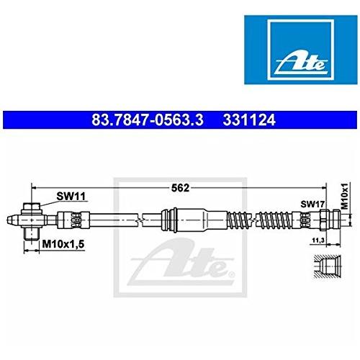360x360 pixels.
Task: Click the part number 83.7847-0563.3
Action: pyautogui.click(x=148, y=120)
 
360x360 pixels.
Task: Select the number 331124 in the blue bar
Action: pyautogui.click(x=249, y=120)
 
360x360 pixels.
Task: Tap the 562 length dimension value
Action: pyautogui.click(x=180, y=188)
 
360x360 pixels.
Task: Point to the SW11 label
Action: pyautogui.click(x=71, y=197)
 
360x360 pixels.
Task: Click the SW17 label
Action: pyautogui.click(x=312, y=204)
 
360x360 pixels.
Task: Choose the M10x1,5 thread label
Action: pyautogui.click(x=63, y=244)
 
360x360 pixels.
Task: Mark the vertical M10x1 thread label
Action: pyautogui.click(x=345, y=196)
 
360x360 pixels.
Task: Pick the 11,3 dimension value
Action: pyautogui.click(x=317, y=240)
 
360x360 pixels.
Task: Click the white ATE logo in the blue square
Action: pyautogui.click(x=302, y=64)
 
